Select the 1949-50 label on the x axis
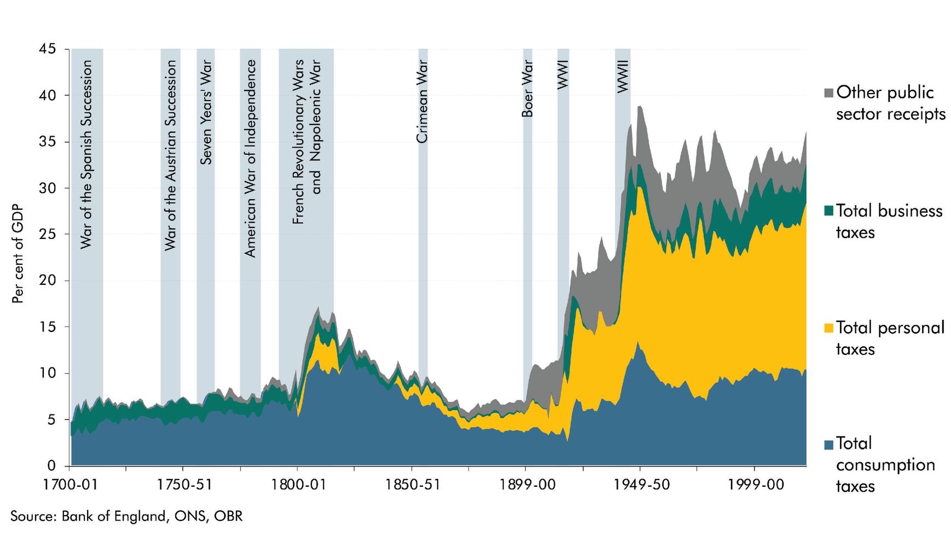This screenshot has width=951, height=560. click(x=640, y=485)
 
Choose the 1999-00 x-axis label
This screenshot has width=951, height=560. click(x=755, y=485)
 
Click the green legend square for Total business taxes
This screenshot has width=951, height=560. click(x=828, y=211)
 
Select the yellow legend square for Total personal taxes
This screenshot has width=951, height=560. click(x=828, y=328)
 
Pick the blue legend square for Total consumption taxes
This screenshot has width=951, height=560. click(x=828, y=444)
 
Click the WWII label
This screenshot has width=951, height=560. click(x=623, y=76)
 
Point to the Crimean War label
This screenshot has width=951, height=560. click(x=422, y=102)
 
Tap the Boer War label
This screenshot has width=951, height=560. click(x=527, y=89)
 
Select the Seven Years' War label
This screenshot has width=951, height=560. click(x=206, y=112)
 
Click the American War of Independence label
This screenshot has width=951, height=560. click(x=250, y=159)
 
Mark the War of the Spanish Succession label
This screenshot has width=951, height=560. click(x=86, y=155)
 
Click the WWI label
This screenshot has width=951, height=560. click(x=563, y=74)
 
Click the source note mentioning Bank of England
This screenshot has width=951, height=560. click(x=126, y=516)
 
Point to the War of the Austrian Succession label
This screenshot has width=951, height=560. click(x=171, y=155)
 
